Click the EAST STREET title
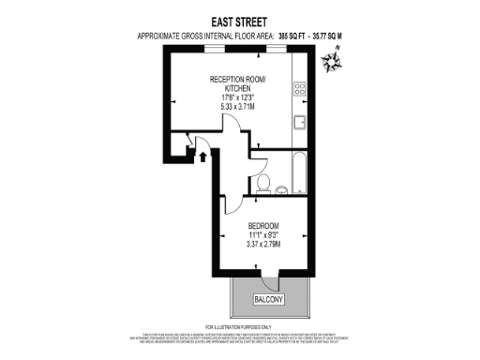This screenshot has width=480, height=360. click(x=239, y=19)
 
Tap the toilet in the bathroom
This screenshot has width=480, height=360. click(x=265, y=182)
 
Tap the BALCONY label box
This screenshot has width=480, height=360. click(x=270, y=299)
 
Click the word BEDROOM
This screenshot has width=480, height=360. click(x=264, y=226)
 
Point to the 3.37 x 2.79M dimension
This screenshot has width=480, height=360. click(x=264, y=246)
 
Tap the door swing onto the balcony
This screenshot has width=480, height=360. click(x=270, y=278)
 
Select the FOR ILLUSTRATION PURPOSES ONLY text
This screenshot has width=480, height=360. click(x=239, y=325)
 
